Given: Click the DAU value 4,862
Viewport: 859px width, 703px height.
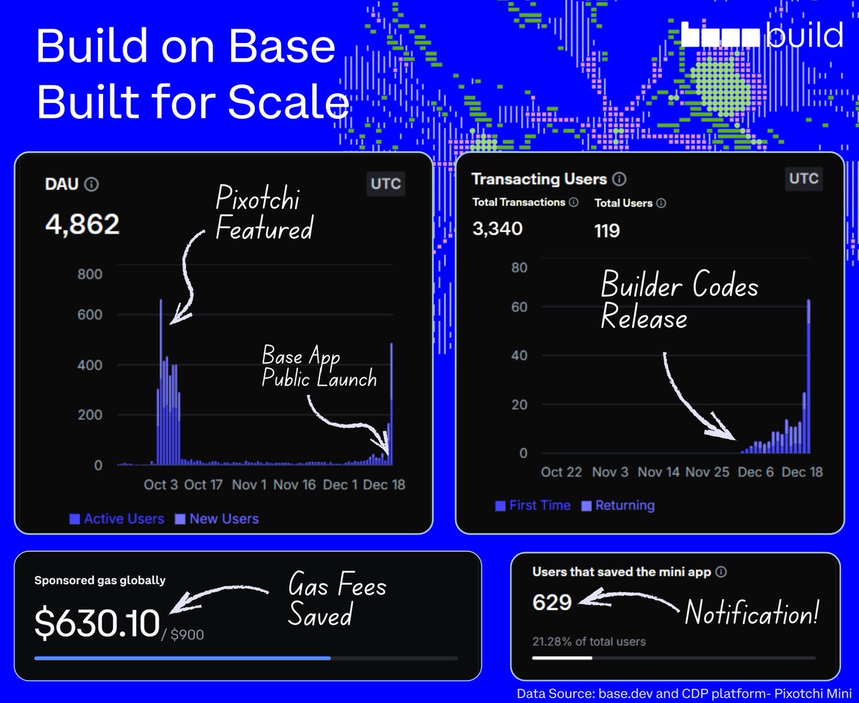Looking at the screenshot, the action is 82,224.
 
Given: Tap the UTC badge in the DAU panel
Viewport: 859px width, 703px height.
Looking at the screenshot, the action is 386,184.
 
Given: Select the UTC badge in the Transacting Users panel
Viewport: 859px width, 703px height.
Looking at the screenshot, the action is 804,178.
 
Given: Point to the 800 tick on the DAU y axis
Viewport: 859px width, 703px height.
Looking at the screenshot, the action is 89,273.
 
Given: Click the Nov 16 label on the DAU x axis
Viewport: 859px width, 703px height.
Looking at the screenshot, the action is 294,485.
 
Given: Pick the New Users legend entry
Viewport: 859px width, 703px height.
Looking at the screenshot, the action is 217,518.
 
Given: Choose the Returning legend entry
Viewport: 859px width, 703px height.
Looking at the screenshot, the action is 618,505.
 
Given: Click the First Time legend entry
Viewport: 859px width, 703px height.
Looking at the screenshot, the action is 533,505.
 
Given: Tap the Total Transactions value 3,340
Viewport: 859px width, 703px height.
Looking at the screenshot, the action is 498,228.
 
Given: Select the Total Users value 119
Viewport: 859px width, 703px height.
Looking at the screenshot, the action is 607,231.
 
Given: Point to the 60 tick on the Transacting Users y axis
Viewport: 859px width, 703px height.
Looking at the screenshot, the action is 519,307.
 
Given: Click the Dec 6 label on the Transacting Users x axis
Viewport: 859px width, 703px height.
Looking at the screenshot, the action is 755,472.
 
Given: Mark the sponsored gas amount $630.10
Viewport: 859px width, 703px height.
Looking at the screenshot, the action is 97,623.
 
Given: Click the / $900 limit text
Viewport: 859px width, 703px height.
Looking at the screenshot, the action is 183,634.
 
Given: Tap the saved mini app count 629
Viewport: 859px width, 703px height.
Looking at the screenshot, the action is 552,602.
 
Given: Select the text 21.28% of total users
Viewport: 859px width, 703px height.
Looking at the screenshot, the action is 589,641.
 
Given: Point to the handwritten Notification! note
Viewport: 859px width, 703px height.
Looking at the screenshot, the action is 752,612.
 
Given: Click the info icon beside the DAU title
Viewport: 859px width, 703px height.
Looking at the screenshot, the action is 91,184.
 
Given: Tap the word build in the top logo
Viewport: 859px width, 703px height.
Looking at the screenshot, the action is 805,34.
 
